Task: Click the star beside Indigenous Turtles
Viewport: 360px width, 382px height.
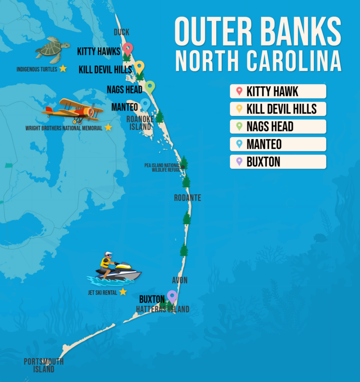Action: click(63, 69)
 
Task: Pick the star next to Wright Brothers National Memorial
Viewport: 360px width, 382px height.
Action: click(108, 127)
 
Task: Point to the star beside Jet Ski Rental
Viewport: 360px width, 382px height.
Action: click(123, 292)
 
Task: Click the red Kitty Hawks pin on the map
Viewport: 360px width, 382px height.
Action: click(127, 49)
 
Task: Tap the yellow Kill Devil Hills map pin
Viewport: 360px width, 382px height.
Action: click(139, 67)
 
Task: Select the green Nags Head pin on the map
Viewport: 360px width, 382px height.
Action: click(150, 87)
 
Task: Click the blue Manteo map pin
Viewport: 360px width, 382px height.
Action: click(145, 104)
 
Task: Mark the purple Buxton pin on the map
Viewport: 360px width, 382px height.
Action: click(172, 296)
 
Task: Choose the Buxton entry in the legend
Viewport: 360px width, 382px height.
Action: click(277, 162)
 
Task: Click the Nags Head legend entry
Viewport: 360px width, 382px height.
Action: click(277, 126)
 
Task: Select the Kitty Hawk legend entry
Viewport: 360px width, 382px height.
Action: click(277, 91)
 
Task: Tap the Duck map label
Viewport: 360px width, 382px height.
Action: click(121, 32)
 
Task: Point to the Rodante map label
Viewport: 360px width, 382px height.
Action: click(187, 198)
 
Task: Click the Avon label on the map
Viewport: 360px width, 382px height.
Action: click(180, 280)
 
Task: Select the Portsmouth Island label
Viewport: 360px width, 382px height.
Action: click(44, 365)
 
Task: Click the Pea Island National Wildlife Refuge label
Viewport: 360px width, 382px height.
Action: click(162, 168)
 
